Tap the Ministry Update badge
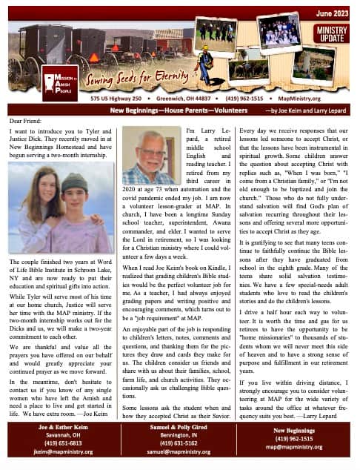(333, 33)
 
